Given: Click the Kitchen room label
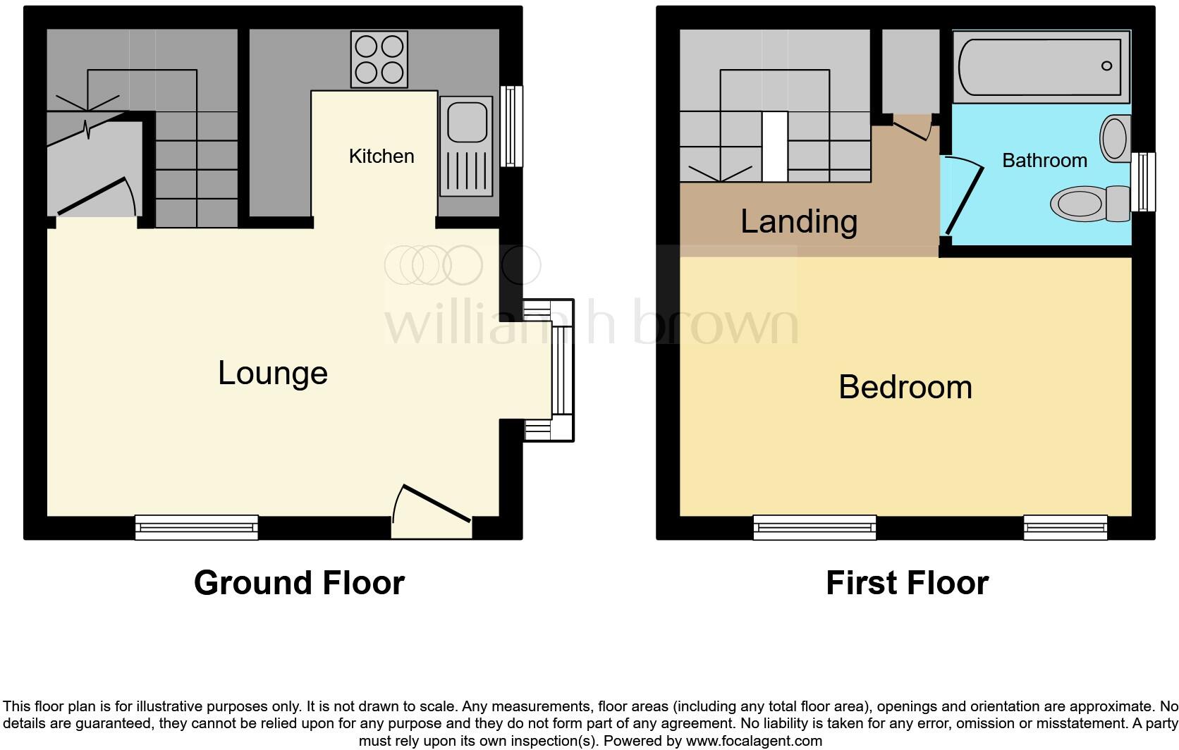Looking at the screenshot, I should click(381, 156).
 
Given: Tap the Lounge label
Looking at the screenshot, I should click(273, 373).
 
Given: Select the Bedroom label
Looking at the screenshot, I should click(905, 388).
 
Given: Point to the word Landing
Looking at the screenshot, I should click(799, 222).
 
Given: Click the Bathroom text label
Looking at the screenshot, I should click(1044, 161).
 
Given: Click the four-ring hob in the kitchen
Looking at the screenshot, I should click(379, 59).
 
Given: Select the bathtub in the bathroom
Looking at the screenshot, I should click(1040, 66).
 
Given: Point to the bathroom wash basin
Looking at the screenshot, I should click(1115, 138).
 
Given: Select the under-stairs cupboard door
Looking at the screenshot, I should click(97, 197).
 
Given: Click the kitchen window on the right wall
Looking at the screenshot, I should click(512, 126).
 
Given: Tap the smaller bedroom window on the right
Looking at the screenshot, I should click(1065, 527).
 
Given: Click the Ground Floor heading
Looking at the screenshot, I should click(299, 584).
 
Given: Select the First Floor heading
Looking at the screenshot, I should click(907, 584).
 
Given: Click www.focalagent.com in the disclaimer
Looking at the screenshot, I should click(754, 741).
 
